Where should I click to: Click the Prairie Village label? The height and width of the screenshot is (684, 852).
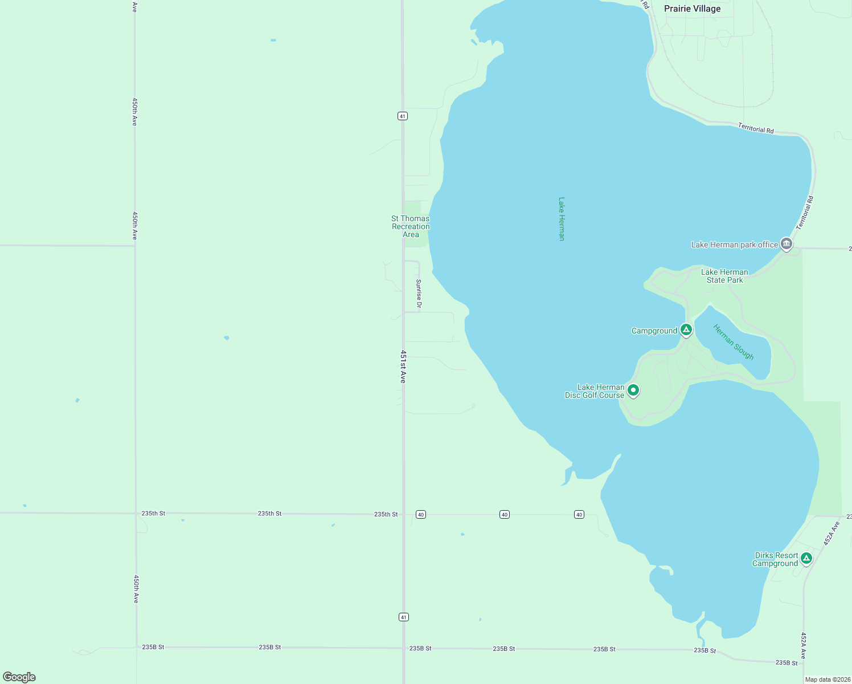692,9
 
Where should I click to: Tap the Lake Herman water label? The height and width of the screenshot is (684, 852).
562,219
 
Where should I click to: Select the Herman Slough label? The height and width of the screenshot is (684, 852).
734,342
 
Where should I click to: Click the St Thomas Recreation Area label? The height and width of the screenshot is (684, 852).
411,226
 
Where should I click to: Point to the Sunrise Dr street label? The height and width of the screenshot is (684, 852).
419,294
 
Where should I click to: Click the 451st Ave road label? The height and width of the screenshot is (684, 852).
403,367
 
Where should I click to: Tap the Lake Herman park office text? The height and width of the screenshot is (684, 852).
734,245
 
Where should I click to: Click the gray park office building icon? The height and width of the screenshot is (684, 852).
787,244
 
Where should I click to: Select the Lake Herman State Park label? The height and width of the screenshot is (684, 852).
724,276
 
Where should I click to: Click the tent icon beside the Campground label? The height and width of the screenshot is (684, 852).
686,329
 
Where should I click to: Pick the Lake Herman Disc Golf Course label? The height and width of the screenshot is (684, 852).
595,391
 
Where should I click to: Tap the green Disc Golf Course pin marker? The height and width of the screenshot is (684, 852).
633,390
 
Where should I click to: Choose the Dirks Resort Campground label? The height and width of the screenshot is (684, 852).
775,559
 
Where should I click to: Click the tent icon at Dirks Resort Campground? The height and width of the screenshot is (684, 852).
806,558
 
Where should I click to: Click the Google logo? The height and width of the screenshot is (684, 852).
19,677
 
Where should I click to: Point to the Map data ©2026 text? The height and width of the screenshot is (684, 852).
828,679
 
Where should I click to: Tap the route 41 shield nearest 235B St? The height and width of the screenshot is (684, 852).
404,617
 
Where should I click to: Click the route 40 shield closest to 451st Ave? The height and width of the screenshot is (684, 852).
421,514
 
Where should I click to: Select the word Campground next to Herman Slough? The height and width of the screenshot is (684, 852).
654,331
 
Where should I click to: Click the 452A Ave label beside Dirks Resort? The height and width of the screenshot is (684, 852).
831,534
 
